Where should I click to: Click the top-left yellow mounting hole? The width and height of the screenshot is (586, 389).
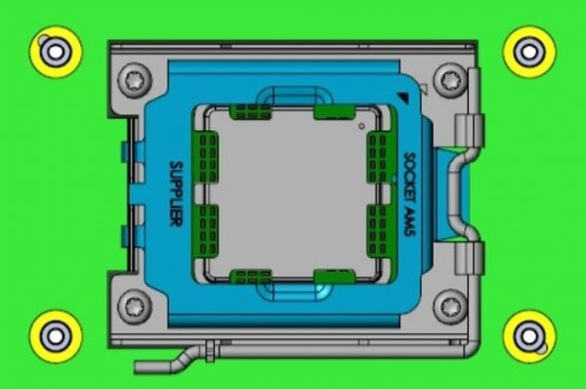[56, 52]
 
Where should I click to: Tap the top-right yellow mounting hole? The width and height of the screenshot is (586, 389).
[529, 52]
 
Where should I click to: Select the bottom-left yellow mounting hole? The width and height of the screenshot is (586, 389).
[56, 336]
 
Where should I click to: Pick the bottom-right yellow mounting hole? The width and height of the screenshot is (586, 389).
[529, 336]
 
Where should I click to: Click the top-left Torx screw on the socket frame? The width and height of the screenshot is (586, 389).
[135, 80]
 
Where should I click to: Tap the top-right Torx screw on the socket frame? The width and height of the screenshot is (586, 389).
[450, 80]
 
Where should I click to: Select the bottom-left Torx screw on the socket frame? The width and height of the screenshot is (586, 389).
[135, 307]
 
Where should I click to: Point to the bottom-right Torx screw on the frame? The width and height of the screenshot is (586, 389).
[450, 307]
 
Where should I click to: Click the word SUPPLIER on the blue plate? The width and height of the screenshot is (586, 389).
[176, 194]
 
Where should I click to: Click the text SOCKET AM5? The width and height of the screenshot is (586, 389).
[410, 194]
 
